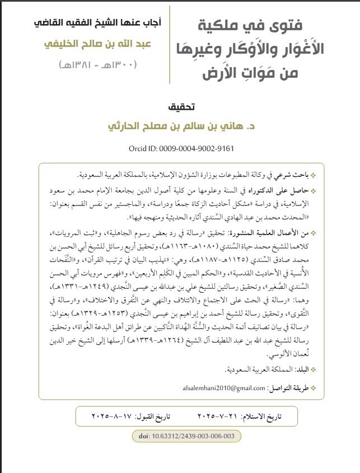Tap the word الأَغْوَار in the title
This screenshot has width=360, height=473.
[x=312, y=49]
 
